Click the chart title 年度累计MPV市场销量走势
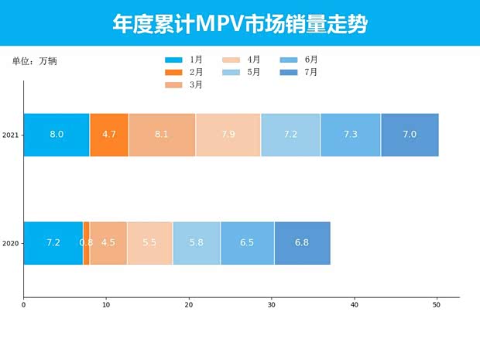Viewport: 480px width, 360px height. [239, 24]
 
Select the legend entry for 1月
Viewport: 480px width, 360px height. [184, 60]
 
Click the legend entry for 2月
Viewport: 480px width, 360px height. [184, 72]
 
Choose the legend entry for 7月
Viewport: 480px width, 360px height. [298, 72]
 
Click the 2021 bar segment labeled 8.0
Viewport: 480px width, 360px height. [57, 135]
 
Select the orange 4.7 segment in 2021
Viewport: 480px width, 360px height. [109, 135]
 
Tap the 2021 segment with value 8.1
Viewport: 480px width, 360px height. [162, 135]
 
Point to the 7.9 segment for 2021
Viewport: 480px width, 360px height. [228, 135]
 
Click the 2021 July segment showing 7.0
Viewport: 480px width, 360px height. [410, 135]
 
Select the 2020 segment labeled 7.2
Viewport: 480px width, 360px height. [53, 242]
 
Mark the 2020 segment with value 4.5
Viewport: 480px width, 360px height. [108, 242]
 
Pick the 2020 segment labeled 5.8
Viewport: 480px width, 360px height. [197, 242]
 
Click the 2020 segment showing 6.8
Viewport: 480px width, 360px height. [302, 242]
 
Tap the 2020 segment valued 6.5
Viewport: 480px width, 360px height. [247, 242]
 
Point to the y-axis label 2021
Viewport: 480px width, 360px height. [10, 135]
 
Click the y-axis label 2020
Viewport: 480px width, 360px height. [10, 243]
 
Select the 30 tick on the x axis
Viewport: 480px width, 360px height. [271, 305]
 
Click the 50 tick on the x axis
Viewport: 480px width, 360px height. [437, 305]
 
